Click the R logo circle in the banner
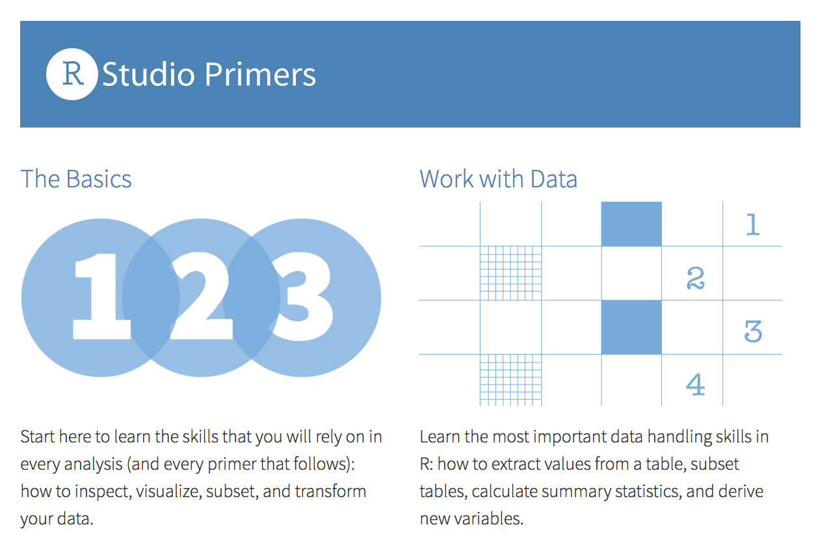(72, 74)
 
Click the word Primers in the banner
(259, 75)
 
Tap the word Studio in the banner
(149, 75)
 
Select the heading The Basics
(76, 179)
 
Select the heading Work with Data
(498, 179)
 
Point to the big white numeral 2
(202, 299)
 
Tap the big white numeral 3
(302, 299)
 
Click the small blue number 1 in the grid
(753, 224)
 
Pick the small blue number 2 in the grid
(696, 278)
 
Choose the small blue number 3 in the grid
(753, 332)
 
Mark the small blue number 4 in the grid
(696, 385)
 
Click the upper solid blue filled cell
(631, 224)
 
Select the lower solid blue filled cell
(631, 327)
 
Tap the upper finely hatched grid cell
(510, 273)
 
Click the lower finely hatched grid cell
(510, 380)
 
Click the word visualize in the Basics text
(169, 491)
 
